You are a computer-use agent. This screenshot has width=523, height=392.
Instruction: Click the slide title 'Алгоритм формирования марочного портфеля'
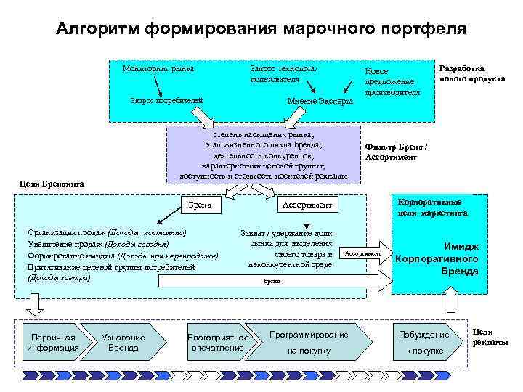coord(261,29)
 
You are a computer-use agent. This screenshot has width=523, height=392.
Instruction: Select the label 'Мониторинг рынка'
coord(158,69)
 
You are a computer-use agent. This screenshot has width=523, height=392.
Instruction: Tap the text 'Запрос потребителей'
coord(166,100)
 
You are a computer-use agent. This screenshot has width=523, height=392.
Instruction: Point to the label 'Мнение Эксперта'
coord(320,100)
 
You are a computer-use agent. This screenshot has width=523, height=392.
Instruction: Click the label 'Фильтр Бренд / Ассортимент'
coord(396,152)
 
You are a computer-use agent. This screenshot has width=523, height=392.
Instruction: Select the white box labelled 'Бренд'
coord(199,205)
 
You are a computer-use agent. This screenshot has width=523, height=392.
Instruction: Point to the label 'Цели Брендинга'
coord(52,184)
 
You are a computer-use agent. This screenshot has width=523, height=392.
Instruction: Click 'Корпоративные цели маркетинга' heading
coord(433,207)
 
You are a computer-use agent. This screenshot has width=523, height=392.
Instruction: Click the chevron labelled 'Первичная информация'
coord(52,343)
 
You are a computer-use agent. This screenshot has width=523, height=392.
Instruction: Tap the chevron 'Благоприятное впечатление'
coord(218,343)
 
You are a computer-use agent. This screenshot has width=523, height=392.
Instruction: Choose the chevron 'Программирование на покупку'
coord(309,343)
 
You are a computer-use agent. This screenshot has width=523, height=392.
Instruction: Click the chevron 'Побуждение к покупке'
coord(424,343)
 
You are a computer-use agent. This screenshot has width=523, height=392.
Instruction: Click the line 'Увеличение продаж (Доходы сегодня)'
coord(97,244)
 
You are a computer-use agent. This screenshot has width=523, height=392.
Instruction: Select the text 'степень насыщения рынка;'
coord(264,135)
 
